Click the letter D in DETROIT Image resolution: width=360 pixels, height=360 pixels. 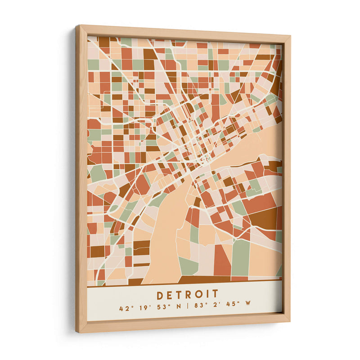pyautogui.click(x=160, y=295)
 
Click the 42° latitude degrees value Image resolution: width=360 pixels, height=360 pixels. pyautogui.click(x=125, y=309)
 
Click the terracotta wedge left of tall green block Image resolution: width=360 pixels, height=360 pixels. pyautogui.click(x=221, y=261)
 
